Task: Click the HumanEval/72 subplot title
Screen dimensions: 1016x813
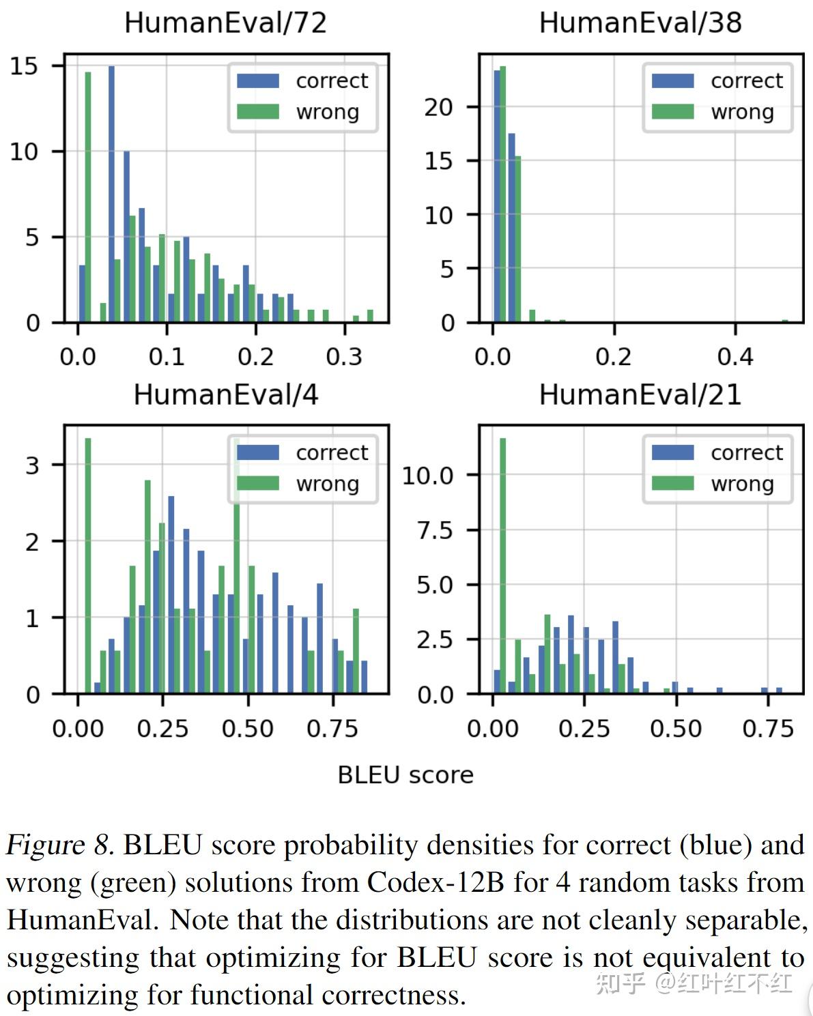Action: click(x=225, y=23)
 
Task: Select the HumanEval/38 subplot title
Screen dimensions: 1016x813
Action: click(x=640, y=23)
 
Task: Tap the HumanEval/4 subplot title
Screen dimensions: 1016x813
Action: click(x=225, y=394)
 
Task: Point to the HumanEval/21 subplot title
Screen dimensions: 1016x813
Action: click(x=640, y=394)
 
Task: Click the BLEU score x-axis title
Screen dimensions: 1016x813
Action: click(x=405, y=775)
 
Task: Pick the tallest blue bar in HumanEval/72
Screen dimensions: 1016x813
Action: click(x=111, y=194)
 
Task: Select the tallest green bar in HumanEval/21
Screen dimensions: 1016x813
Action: click(x=503, y=566)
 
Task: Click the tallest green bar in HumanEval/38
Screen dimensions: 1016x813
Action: click(x=503, y=194)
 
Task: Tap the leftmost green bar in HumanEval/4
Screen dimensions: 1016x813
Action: click(x=88, y=566)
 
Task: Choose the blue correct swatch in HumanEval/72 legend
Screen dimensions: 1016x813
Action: click(x=258, y=81)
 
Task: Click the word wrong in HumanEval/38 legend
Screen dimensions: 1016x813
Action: click(x=742, y=112)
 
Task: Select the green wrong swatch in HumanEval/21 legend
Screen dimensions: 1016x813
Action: click(x=672, y=484)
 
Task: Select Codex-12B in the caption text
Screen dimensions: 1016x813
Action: click(x=436, y=883)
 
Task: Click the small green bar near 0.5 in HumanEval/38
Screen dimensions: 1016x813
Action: click(x=785, y=321)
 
